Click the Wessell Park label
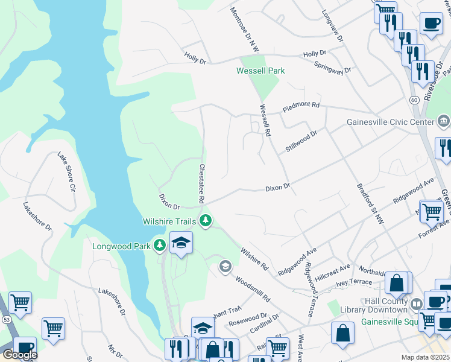tap(260, 71)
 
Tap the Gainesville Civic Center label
tap(390, 122)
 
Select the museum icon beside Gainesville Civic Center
tap(443, 121)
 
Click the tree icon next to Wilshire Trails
tap(206, 221)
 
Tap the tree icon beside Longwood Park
tap(159, 246)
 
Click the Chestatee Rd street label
tap(203, 183)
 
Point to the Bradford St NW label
tap(370, 197)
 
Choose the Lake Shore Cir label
tap(66, 172)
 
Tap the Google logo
tap(20, 355)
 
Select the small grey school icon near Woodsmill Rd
tap(225, 266)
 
